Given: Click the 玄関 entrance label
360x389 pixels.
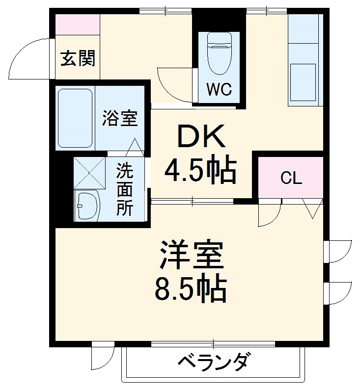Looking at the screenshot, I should tap(78, 59).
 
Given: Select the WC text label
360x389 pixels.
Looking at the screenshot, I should tap(219, 89).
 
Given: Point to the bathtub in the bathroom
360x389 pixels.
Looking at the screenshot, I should tap(75, 118).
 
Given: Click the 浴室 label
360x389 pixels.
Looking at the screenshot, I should tap(120, 118).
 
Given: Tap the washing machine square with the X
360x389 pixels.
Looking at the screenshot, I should tap(89, 172).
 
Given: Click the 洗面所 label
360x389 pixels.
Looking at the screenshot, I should tap(125, 190).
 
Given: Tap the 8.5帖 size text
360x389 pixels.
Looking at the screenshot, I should tap(191, 289).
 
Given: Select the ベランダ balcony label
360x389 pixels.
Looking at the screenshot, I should tap(213, 363).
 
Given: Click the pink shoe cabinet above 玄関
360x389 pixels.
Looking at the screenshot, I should tap(77, 24).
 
